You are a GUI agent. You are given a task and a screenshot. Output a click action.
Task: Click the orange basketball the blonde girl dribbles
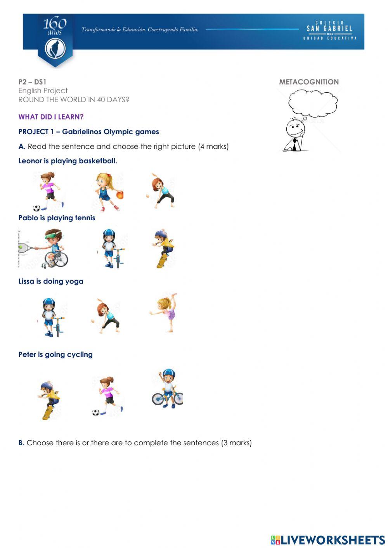(x=120, y=195)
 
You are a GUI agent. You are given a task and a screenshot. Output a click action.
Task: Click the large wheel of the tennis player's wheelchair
(x=61, y=259)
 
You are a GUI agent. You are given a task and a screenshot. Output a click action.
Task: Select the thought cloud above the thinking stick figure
(x=312, y=102)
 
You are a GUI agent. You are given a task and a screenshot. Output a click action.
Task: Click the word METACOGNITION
(x=309, y=82)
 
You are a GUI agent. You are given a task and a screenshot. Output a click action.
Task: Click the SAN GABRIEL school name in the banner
(x=329, y=28)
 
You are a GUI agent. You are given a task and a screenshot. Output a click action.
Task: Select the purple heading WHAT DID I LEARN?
(x=51, y=117)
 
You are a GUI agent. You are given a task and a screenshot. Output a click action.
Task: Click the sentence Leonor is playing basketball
(x=68, y=161)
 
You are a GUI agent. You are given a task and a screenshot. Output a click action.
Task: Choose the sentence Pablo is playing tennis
(x=57, y=218)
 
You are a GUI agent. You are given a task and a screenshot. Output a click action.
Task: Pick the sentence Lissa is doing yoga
(x=51, y=281)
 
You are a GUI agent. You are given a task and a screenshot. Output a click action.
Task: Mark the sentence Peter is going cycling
(x=55, y=354)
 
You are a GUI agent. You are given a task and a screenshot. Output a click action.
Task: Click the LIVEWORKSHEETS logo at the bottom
(x=328, y=539)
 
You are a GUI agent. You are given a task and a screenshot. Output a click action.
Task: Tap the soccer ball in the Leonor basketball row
(x=37, y=207)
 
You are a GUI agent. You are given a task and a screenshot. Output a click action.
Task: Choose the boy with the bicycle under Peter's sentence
(x=167, y=389)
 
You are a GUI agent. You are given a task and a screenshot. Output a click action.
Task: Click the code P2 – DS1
(x=32, y=82)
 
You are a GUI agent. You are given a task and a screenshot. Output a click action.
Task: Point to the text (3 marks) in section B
(x=236, y=443)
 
